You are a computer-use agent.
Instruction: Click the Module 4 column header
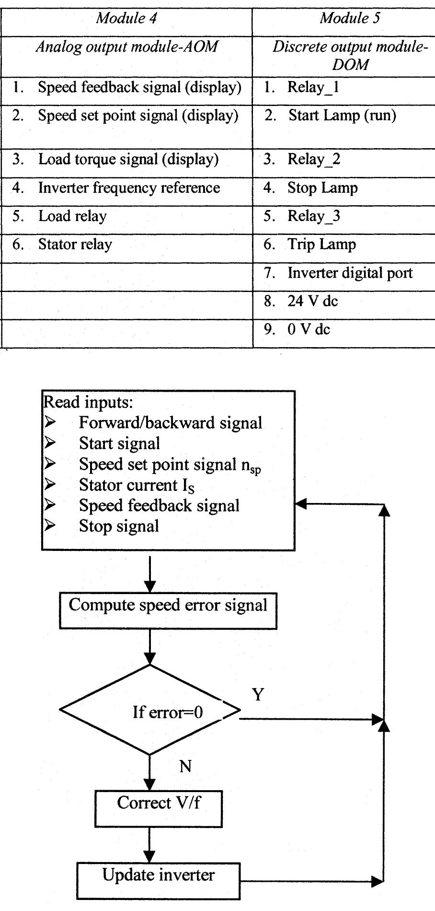pyautogui.click(x=126, y=18)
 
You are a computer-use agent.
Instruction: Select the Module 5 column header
pyautogui.click(x=350, y=18)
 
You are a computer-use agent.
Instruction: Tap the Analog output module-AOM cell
pyautogui.click(x=126, y=47)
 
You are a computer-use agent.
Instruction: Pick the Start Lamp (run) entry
pyautogui.click(x=342, y=116)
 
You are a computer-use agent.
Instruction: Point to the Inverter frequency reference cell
pyautogui.click(x=129, y=188)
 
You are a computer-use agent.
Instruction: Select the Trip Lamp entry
pyautogui.click(x=321, y=245)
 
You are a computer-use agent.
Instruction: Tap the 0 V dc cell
pyautogui.click(x=309, y=329)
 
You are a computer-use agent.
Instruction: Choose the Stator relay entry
pyautogui.click(x=75, y=245)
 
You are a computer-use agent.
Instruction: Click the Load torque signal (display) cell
pyautogui.click(x=128, y=159)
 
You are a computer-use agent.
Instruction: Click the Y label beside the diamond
pyautogui.click(x=258, y=694)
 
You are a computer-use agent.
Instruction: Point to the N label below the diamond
pyautogui.click(x=185, y=766)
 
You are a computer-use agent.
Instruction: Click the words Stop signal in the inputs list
pyautogui.click(x=119, y=526)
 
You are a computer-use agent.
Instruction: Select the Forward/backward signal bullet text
pyautogui.click(x=170, y=423)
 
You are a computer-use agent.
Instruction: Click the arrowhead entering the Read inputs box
pyautogui.click(x=301, y=504)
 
